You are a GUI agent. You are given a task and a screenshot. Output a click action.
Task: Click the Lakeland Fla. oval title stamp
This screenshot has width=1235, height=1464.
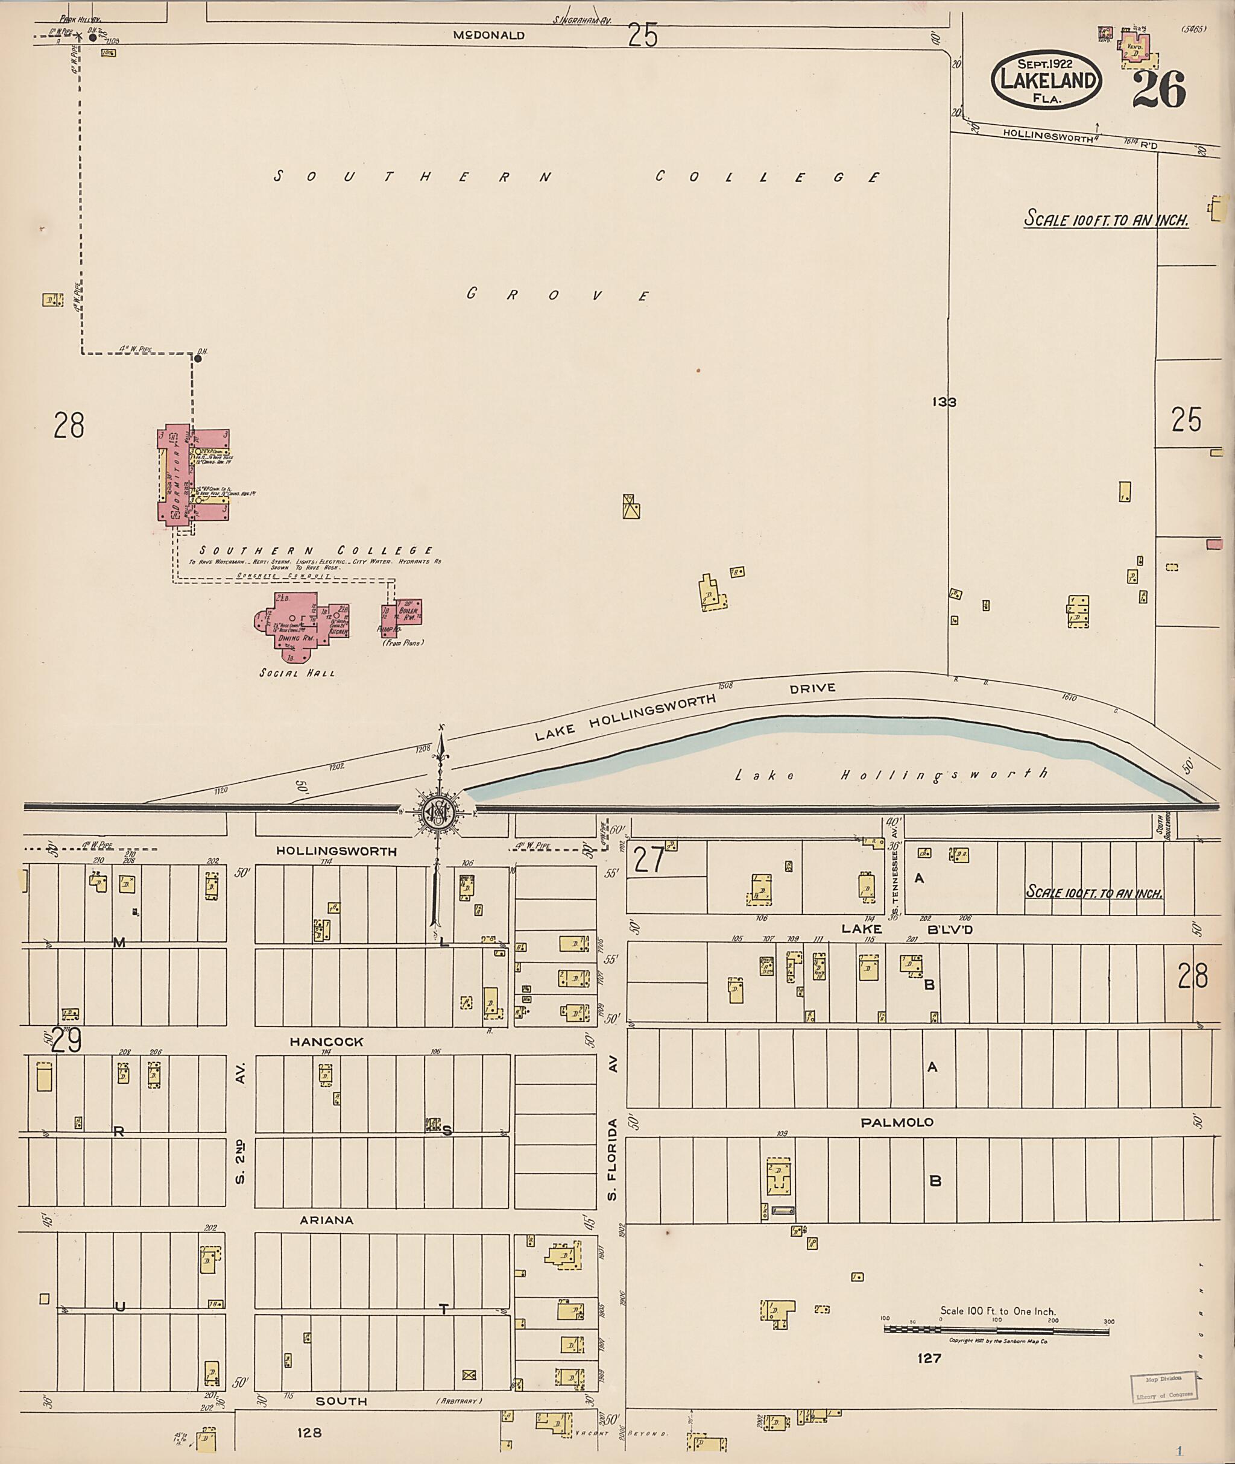pyautogui.click(x=1047, y=79)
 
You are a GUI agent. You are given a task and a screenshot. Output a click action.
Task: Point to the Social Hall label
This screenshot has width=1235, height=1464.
pyautogui.click(x=297, y=673)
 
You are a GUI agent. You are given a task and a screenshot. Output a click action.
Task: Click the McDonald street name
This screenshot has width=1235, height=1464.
pyautogui.click(x=488, y=35)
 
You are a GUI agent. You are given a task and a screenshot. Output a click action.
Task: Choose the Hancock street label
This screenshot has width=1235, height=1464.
pyautogui.click(x=326, y=1041)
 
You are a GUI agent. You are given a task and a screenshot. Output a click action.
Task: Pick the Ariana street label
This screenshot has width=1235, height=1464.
pyautogui.click(x=326, y=1220)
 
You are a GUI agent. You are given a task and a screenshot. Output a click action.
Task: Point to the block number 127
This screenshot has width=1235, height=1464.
pyautogui.click(x=928, y=1358)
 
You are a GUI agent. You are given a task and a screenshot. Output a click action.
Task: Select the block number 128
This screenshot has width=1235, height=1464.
pyautogui.click(x=309, y=1432)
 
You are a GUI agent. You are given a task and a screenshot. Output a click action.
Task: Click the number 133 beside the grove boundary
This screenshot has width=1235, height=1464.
pyautogui.click(x=944, y=401)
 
